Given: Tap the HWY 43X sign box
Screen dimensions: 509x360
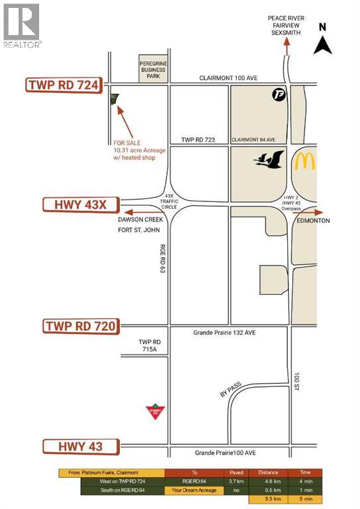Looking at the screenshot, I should click(x=76, y=204).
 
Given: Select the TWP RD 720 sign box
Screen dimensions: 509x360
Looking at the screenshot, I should click(x=81, y=326).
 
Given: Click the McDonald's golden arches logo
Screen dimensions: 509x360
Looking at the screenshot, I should click(x=305, y=161).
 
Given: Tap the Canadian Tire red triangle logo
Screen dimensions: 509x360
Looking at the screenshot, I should click(x=154, y=412).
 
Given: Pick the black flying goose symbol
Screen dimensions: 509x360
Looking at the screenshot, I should click(x=269, y=160).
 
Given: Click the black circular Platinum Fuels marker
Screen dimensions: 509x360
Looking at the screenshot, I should click(x=278, y=95).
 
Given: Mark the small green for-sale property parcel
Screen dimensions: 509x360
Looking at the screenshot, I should click(x=113, y=99).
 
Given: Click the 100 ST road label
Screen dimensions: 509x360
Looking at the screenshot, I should click(x=298, y=380).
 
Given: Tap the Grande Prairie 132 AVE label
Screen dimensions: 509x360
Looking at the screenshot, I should click(x=224, y=333).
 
